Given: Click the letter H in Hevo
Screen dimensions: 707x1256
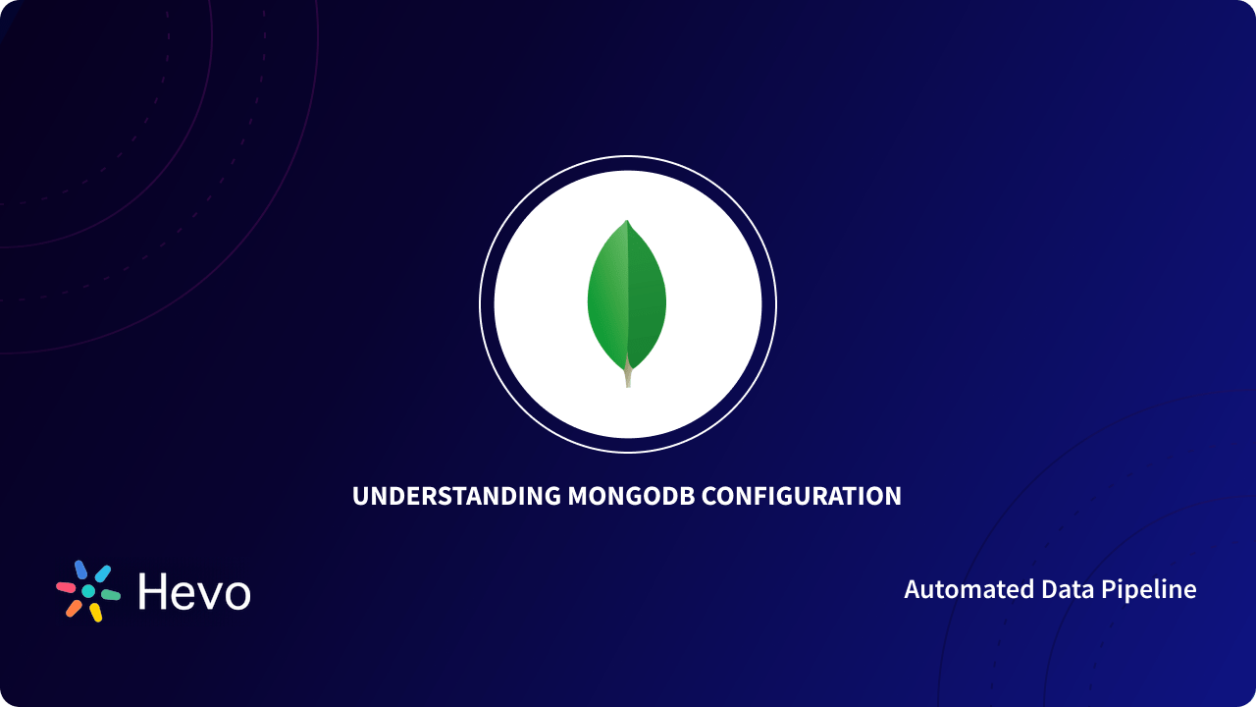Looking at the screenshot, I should click(155, 591).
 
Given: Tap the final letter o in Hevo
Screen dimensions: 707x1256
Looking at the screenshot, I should click(235, 595).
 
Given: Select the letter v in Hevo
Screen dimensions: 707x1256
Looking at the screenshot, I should click(207, 595).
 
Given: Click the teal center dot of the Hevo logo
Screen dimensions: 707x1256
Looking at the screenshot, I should click(88, 591).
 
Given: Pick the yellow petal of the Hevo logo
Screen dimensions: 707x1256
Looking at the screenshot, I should click(96, 613).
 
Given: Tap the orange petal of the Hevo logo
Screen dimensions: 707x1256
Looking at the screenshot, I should click(74, 608).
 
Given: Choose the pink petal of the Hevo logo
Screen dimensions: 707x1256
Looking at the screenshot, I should click(66, 587).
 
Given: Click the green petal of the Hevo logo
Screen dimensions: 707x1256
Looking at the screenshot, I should click(110, 595).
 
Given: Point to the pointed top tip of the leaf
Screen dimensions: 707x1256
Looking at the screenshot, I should click(627, 223).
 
